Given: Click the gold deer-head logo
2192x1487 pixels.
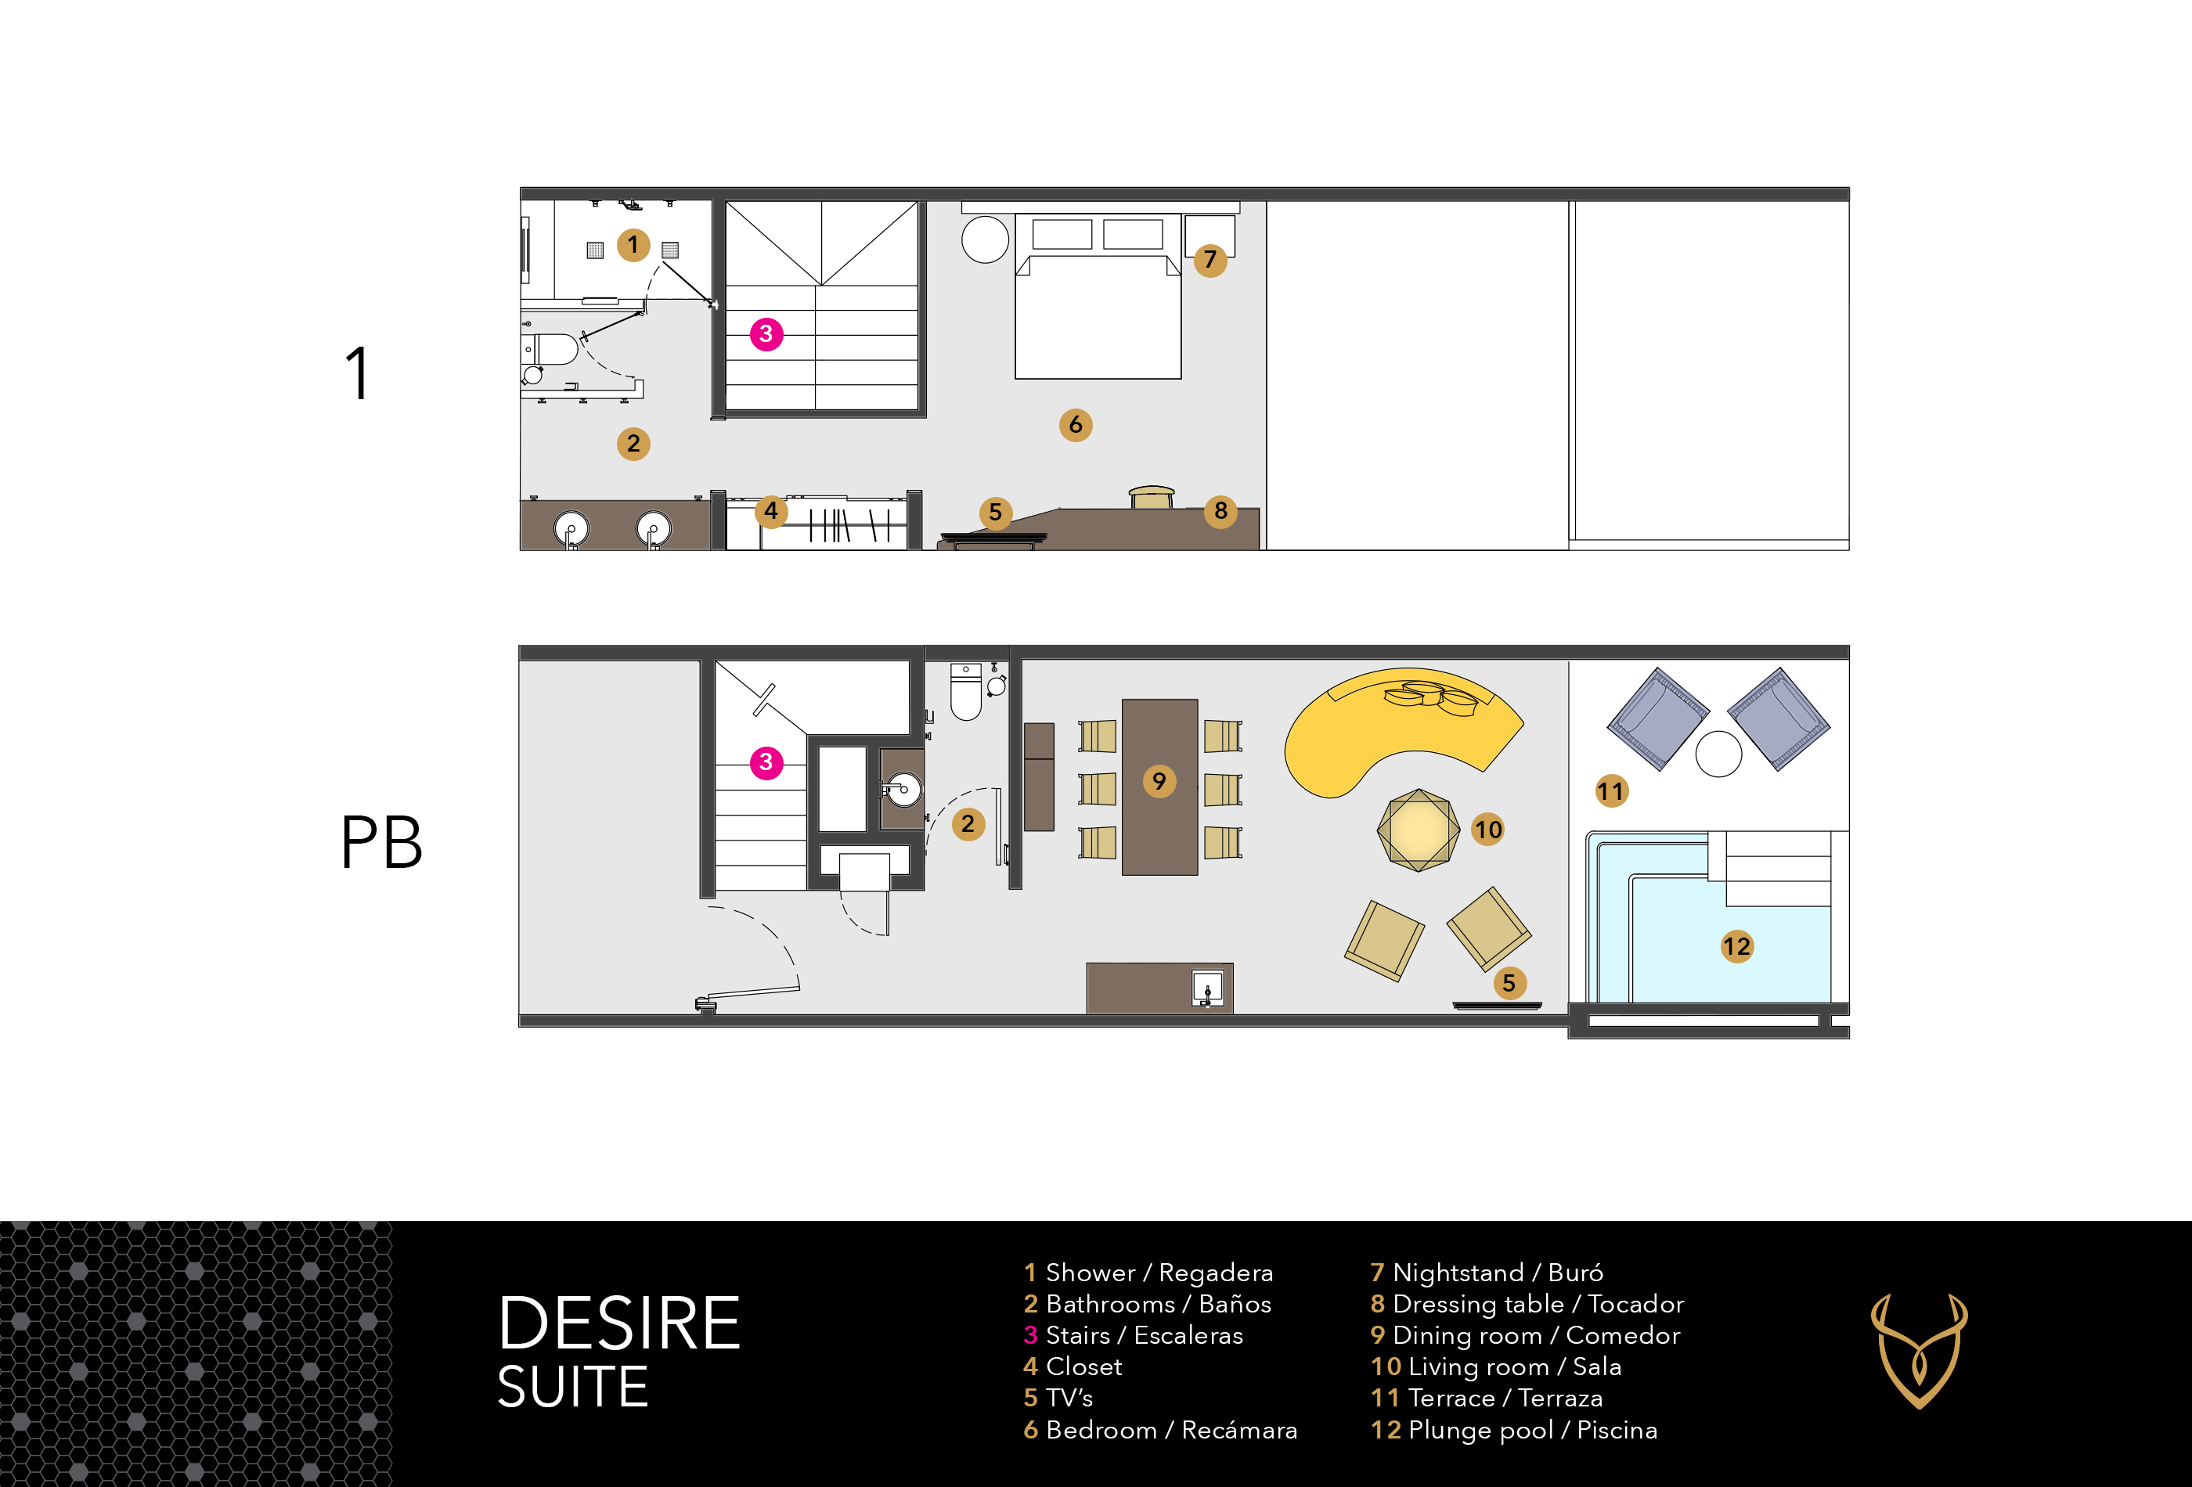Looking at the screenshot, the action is (x=1919, y=1350).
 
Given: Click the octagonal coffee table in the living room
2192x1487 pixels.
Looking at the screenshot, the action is (x=1418, y=830).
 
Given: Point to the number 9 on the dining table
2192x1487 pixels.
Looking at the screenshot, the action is (x=1159, y=781).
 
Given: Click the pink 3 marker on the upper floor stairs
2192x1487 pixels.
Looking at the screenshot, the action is (x=766, y=334).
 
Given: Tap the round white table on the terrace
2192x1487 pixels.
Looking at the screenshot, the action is (x=1718, y=754).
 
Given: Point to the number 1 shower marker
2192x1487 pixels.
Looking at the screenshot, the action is (x=633, y=245).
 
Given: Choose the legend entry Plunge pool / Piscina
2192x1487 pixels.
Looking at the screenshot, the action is (x=1514, y=1430).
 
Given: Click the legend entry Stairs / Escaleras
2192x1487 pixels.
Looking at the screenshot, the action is (x=1134, y=1335).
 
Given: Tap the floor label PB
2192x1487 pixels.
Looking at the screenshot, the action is (x=381, y=842).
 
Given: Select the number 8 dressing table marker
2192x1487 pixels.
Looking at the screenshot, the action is (x=1220, y=511).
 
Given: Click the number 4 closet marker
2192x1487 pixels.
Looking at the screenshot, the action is (x=770, y=511).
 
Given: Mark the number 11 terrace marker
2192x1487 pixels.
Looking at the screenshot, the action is (x=1611, y=791).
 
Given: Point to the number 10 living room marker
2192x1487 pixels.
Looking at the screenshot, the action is (x=1487, y=830).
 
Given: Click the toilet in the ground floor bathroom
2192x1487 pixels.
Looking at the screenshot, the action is (x=966, y=691).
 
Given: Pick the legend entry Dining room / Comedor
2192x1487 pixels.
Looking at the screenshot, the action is (x=1525, y=1335).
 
